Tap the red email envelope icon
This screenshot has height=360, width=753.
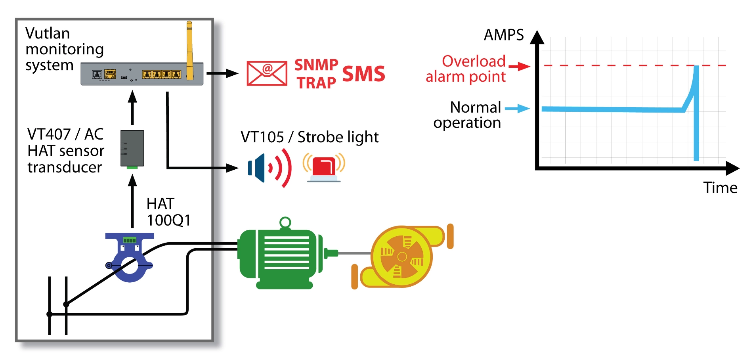click(267, 73)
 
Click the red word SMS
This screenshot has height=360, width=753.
click(363, 74)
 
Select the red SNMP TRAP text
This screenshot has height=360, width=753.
click(316, 74)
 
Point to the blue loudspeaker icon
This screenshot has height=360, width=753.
click(258, 168)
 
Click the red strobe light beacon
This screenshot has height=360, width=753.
click(324, 168)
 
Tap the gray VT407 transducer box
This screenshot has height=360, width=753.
click(132, 148)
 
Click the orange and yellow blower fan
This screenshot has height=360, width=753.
click(402, 257)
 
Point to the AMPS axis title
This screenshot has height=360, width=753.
click(504, 35)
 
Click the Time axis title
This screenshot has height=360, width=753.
click(720, 188)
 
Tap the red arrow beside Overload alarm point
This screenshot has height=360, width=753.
click(519, 66)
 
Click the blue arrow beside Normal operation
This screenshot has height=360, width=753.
click(517, 108)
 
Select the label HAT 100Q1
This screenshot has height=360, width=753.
click(168, 212)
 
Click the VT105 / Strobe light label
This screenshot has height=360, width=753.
click(310, 137)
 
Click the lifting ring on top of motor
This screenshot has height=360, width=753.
click(285, 222)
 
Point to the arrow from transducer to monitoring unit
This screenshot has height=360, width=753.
click(133, 108)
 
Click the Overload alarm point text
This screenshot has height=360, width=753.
click(466, 69)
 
